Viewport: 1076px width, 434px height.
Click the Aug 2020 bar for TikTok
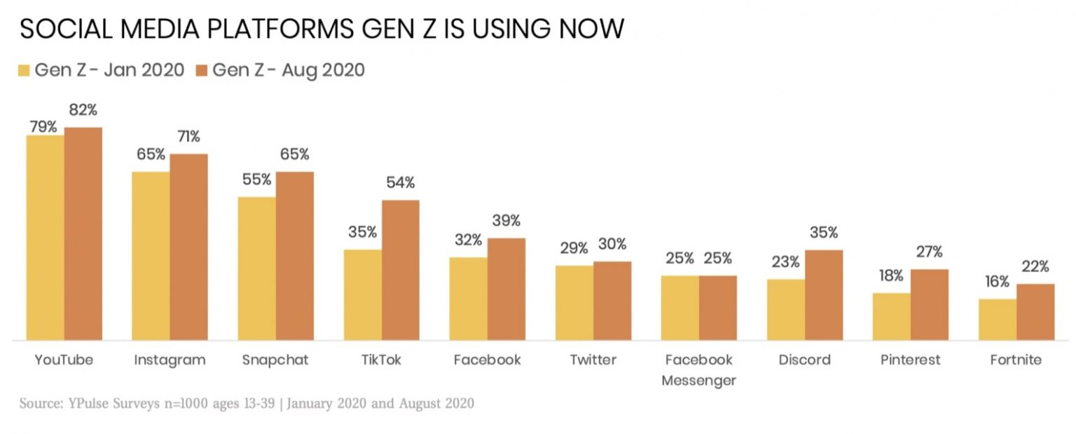point(400,270)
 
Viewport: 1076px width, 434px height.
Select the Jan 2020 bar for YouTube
point(46,238)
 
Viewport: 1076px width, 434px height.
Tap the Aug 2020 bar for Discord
point(823,295)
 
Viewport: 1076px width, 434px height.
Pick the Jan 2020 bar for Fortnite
point(997,320)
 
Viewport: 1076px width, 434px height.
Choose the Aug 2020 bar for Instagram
point(188,247)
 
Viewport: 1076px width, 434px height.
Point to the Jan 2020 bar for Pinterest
point(891,317)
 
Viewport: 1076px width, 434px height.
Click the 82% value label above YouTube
point(83,110)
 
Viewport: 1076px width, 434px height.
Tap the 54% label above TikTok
point(400,183)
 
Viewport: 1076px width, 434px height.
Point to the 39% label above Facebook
point(506,221)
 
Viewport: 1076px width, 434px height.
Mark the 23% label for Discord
point(785,262)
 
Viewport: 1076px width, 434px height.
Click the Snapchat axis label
point(275,360)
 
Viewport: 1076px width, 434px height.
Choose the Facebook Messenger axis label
point(698,370)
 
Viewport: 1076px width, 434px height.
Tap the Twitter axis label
point(593,360)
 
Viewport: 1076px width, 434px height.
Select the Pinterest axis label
point(910,360)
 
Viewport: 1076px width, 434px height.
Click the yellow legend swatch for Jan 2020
point(24,71)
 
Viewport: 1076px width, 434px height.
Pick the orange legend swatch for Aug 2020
point(202,71)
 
